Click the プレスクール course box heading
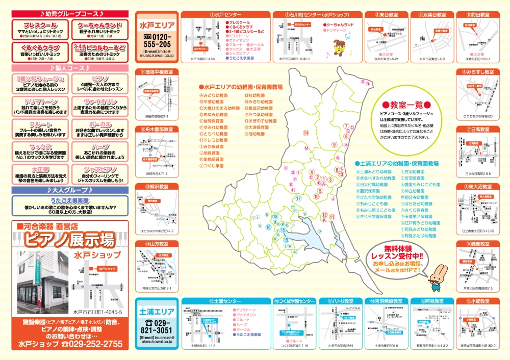[x=37, y=25]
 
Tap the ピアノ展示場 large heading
[x=69, y=238]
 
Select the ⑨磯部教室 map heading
[x=478, y=244]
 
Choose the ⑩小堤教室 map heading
[x=478, y=301]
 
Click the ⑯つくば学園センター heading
[x=295, y=301]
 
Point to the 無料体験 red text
[x=399, y=248]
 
